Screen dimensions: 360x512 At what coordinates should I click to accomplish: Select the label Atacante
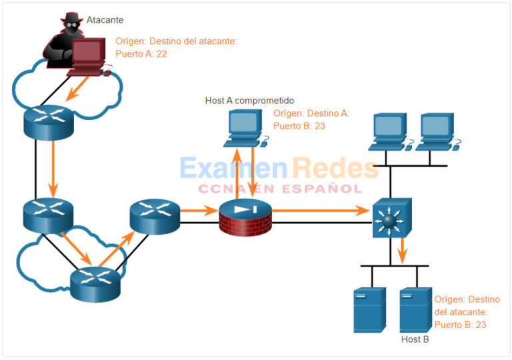pos(105,21)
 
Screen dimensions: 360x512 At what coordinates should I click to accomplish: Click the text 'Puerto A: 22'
pos(141,53)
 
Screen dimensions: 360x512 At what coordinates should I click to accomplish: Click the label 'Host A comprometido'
pos(249,100)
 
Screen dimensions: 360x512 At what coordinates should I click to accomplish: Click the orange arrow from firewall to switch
pos(320,211)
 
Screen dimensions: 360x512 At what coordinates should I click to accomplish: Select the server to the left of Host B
pos(369,310)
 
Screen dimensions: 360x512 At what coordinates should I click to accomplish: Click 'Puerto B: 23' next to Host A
pos(299,125)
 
